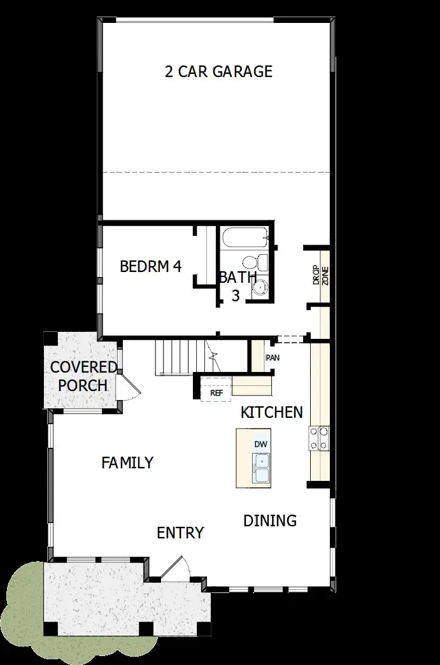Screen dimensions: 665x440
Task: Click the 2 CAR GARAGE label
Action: point(218,71)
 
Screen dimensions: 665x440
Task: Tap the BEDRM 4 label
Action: point(151,266)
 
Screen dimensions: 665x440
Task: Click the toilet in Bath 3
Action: point(251,262)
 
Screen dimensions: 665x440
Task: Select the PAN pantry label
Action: point(272,357)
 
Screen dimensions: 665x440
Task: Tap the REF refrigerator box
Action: point(216,393)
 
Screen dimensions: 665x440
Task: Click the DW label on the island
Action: point(260,444)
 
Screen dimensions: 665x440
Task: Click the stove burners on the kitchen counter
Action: point(319,438)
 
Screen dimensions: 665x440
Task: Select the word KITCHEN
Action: point(271,413)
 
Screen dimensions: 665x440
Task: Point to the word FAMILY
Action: point(127,463)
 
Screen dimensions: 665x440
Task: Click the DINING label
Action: point(270,520)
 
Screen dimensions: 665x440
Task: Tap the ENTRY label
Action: point(180,533)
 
